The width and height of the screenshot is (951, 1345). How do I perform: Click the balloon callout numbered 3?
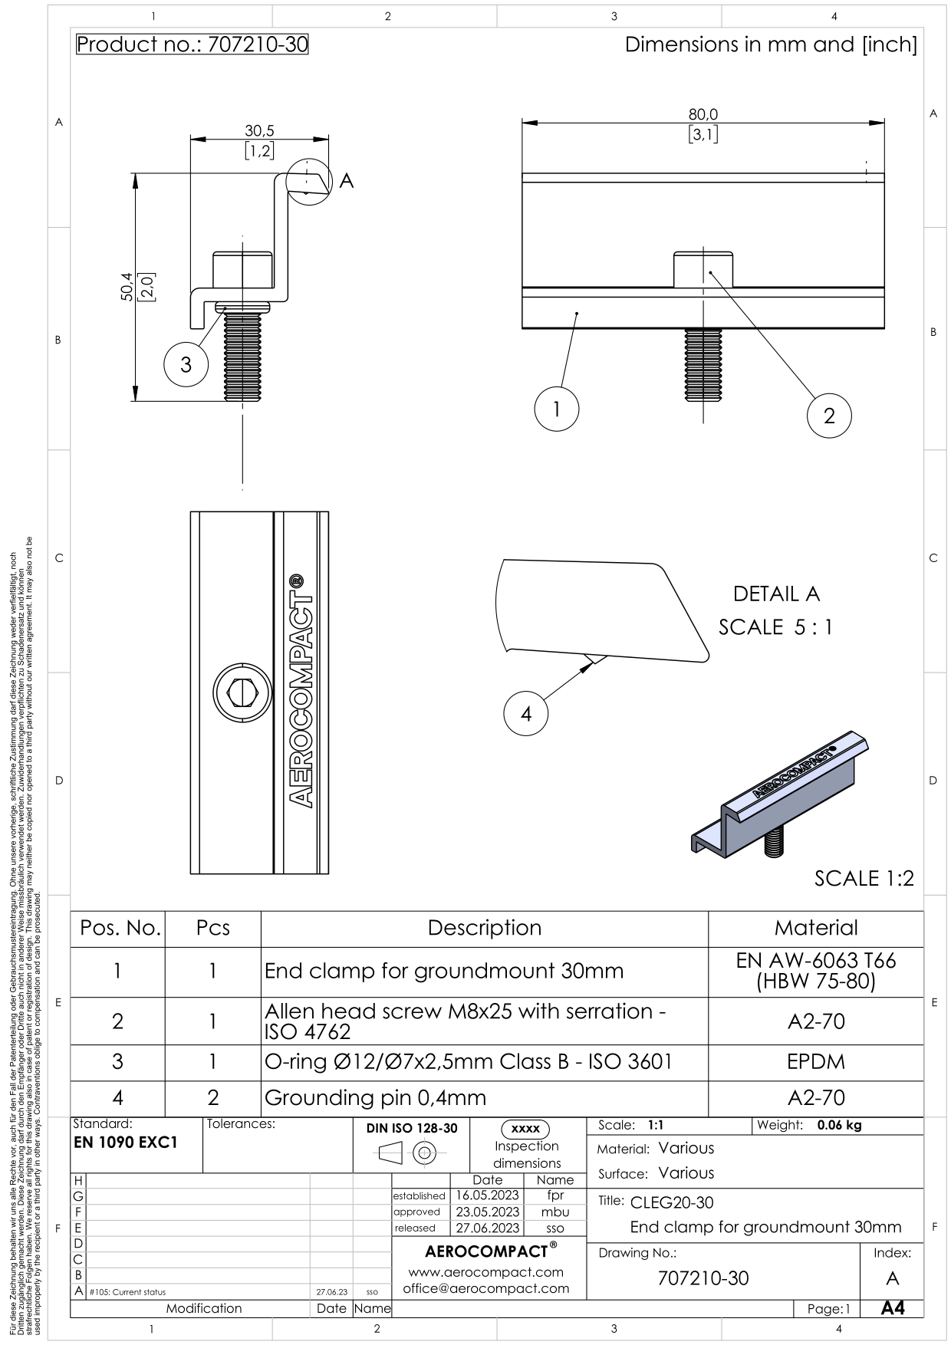[x=186, y=365]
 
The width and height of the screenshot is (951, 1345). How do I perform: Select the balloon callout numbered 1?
[x=557, y=409]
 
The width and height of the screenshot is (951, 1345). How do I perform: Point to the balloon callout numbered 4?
[x=526, y=714]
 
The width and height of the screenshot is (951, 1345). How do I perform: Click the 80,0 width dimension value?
[x=703, y=114]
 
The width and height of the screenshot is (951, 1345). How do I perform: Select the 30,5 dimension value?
[x=259, y=131]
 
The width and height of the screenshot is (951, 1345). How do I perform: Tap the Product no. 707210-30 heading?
[x=193, y=44]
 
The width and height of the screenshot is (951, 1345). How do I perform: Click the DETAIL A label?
[x=776, y=594]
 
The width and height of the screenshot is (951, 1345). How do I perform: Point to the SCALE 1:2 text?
[x=864, y=879]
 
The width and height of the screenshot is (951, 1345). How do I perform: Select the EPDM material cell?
[x=816, y=1062]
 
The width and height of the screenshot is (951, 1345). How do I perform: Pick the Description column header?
[x=485, y=928]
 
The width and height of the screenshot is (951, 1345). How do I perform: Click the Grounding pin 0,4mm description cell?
[x=375, y=1098]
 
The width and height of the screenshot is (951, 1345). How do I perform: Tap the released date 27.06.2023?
[x=488, y=1228]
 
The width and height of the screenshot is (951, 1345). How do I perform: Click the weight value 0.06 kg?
[x=839, y=1126]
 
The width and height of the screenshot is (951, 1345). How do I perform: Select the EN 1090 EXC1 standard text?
[x=125, y=1143]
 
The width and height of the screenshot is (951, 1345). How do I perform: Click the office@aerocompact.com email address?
[x=486, y=1288]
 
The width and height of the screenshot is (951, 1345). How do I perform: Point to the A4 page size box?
[x=892, y=1308]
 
